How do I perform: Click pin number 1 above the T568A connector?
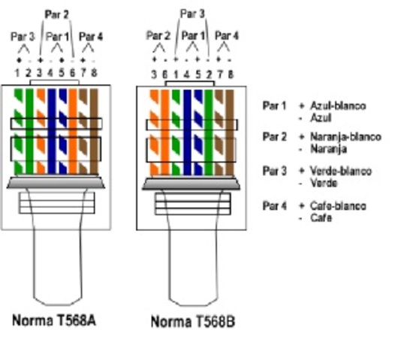(18, 73)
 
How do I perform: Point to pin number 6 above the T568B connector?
(163, 73)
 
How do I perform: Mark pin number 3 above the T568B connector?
(152, 73)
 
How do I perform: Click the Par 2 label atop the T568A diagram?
(56, 14)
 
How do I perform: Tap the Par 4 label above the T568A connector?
(91, 36)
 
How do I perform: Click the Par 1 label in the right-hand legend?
(274, 106)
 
